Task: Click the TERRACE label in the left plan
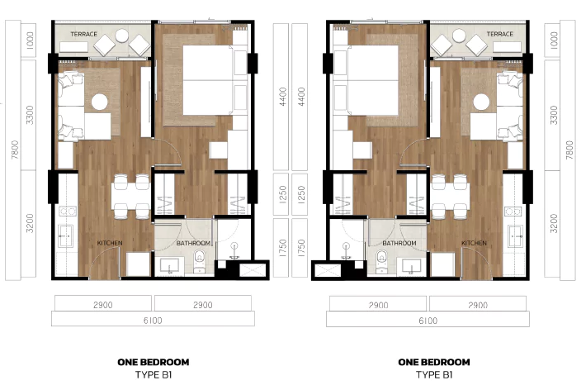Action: click(83, 34)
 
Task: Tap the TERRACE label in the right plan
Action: click(499, 34)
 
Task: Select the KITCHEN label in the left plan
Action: click(110, 243)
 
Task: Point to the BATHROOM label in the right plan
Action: click(399, 243)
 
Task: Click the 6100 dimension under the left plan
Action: click(153, 321)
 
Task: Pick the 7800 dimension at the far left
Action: click(15, 150)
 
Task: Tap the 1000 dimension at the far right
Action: click(555, 40)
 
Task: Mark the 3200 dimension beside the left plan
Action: click(30, 223)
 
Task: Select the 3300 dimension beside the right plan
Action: click(555, 116)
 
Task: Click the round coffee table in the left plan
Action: click(99, 102)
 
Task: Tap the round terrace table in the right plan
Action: click(459, 36)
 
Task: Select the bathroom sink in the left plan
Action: click(170, 266)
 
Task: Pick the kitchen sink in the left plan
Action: click(66, 236)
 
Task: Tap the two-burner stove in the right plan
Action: click(513, 212)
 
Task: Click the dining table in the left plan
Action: click(131, 197)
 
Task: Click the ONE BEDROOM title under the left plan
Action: click(154, 362)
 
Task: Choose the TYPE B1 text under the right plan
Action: click(434, 374)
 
